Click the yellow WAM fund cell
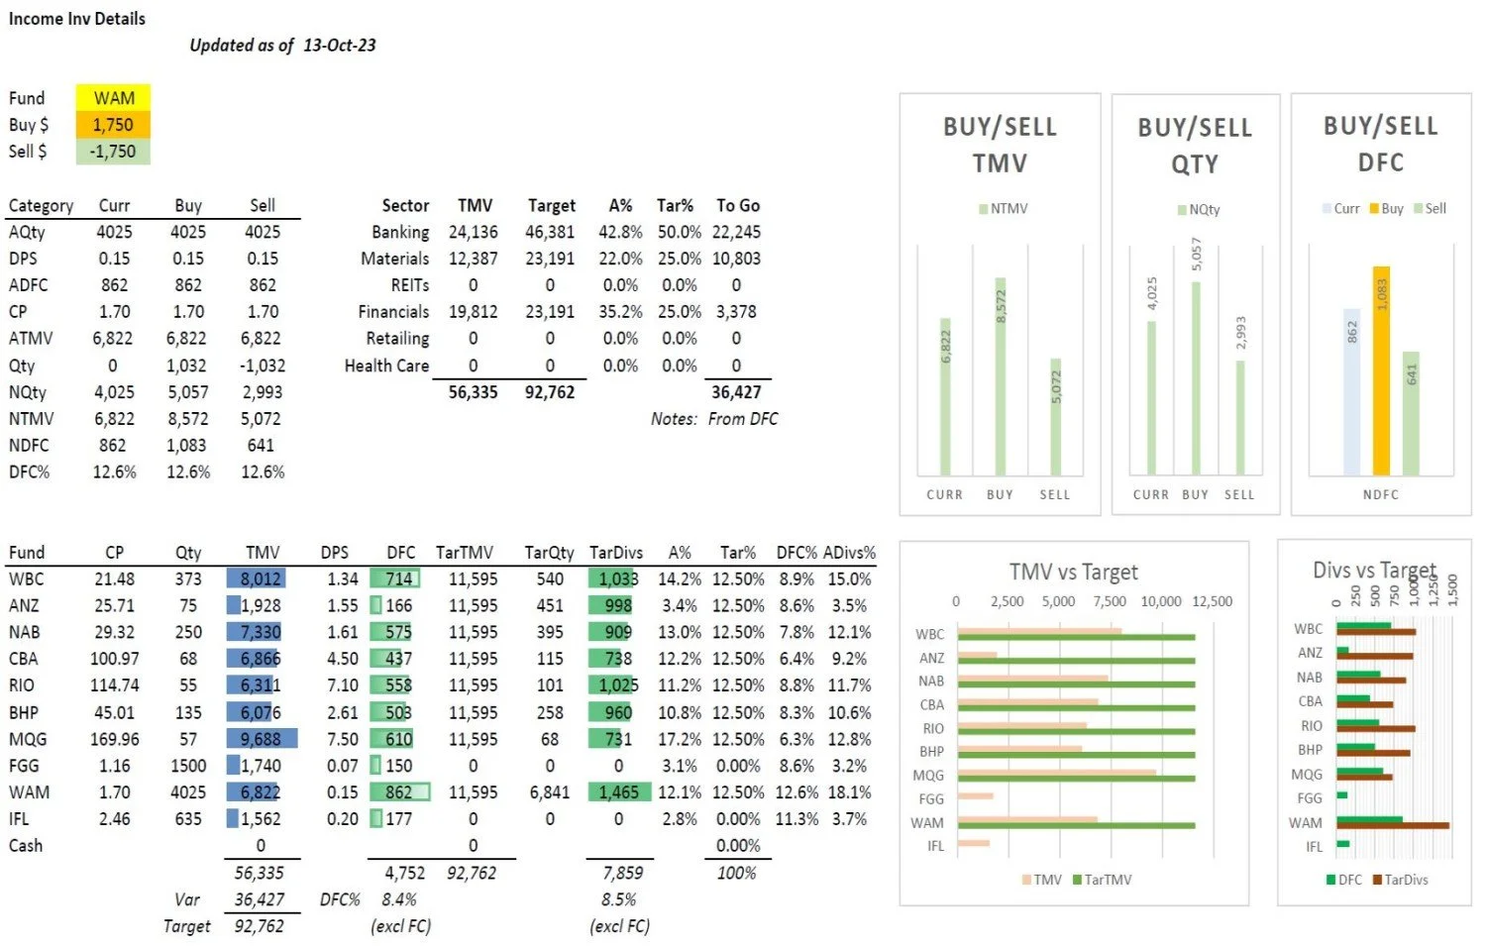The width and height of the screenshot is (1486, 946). (x=113, y=98)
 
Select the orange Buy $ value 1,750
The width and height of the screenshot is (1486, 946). (x=113, y=125)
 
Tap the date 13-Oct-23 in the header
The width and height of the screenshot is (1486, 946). (x=340, y=45)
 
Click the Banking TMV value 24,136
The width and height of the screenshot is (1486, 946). (x=473, y=232)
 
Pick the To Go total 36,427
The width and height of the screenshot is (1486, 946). (x=736, y=392)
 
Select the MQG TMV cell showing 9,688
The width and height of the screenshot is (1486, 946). (x=261, y=739)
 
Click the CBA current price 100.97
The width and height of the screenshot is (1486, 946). (x=115, y=659)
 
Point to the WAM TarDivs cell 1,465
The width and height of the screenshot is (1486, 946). (x=619, y=792)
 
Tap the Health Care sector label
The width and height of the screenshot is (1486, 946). (x=386, y=366)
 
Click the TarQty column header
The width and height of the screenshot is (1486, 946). (x=549, y=553)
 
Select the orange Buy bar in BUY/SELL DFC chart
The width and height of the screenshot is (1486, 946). (x=1381, y=370)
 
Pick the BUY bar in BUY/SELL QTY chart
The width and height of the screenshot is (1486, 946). (x=1196, y=378)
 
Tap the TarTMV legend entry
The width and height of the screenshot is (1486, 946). (x=1102, y=880)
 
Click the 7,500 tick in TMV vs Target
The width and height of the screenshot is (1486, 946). (x=1110, y=601)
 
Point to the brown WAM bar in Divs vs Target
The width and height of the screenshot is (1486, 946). (x=1392, y=825)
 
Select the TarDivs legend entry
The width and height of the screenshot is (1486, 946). (x=1400, y=880)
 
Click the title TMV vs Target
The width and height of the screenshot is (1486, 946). (x=1073, y=572)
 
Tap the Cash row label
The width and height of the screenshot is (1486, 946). (x=26, y=846)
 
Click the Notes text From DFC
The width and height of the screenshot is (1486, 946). (x=742, y=419)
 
